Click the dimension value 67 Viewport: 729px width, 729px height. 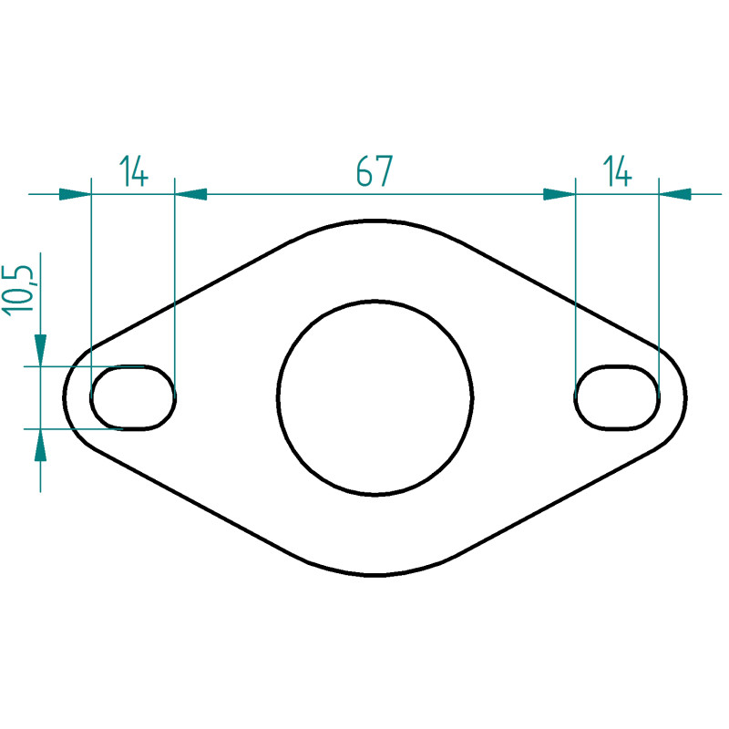(x=375, y=170)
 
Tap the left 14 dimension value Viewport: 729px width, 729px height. (x=134, y=170)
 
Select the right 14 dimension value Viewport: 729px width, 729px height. (x=618, y=170)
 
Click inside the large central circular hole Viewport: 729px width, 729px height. (x=375, y=397)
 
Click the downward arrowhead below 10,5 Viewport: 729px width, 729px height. (x=40, y=350)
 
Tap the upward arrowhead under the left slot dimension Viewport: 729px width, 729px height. (x=40, y=445)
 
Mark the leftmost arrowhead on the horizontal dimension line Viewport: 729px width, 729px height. (x=75, y=194)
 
